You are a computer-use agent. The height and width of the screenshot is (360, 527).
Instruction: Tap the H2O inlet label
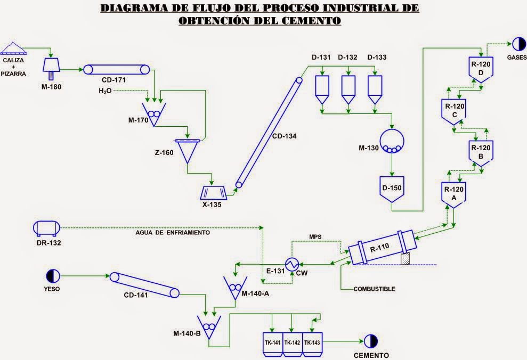106,91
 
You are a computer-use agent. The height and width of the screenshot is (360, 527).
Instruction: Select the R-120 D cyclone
481,69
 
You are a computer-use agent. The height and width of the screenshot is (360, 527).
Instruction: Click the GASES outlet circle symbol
516,44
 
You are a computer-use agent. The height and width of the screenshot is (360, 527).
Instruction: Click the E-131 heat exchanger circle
292,264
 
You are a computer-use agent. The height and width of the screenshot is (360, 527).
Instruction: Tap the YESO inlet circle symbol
52,275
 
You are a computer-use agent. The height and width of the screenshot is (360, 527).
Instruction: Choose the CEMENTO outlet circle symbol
370,341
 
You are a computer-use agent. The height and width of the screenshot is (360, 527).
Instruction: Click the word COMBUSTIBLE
374,289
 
